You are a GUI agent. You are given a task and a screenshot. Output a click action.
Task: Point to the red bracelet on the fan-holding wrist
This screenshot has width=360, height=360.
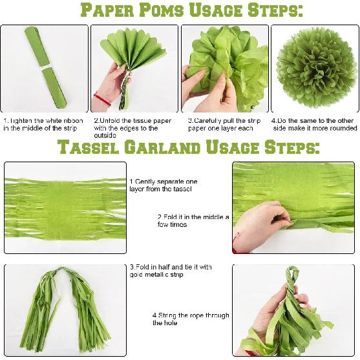(x=101, y=100)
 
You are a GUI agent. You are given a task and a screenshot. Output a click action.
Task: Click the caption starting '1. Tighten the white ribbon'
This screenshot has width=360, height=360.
(x=43, y=124)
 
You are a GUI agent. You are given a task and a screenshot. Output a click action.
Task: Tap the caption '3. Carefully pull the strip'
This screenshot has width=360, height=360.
(x=224, y=124)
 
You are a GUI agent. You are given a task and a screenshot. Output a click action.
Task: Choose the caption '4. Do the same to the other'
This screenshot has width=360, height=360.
(x=313, y=124)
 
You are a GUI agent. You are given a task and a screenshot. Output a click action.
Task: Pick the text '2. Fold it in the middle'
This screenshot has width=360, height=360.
(x=193, y=220)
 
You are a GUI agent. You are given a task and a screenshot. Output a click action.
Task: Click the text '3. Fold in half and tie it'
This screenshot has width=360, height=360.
(x=171, y=271)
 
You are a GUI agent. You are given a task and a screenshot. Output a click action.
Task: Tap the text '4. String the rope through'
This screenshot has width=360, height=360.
(x=190, y=319)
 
